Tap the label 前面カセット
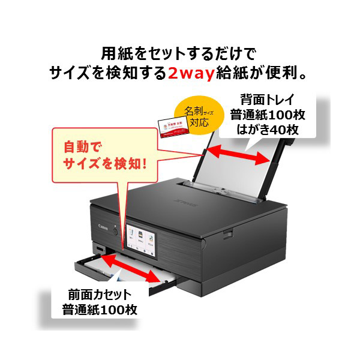tap(100, 295)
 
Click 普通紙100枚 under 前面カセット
tap(100, 310)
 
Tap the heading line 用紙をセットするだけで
tap(180, 53)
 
